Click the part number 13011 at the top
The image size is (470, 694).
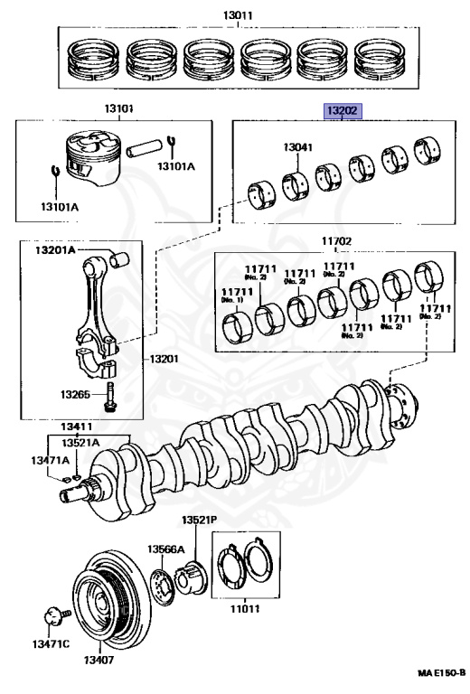coord(238,15)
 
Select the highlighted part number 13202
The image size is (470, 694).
coord(343,110)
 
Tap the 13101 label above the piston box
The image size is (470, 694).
coord(118,108)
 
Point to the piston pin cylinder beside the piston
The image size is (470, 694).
coord(145,148)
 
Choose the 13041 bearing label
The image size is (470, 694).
coord(298,147)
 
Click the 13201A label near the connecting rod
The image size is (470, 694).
coord(55,250)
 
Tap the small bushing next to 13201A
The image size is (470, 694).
coord(119,260)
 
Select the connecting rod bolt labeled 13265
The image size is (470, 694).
coord(108,396)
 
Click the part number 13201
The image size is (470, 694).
coord(164,359)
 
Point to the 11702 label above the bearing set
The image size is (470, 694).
coord(336,241)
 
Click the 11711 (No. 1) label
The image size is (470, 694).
coord(237,295)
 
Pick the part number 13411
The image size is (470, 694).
coord(76,427)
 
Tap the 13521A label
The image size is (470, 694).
coord(80,443)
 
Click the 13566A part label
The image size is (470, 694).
coord(165,549)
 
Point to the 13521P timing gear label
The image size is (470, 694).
coord(199,520)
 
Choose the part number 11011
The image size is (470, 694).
coord(245,608)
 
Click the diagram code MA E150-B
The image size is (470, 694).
coord(441,672)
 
